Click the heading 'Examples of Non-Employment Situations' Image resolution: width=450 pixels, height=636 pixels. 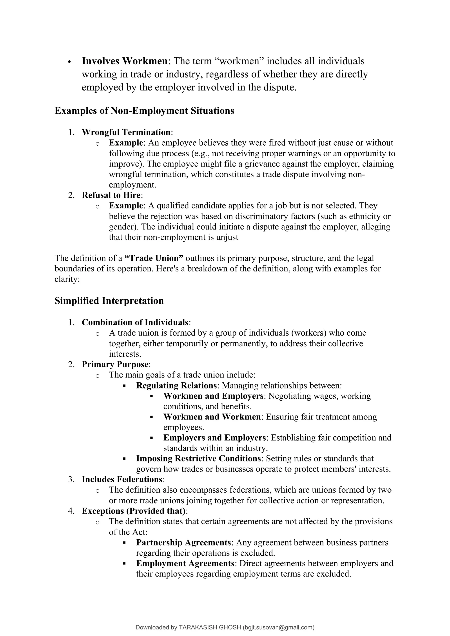pyautogui.click(x=144, y=111)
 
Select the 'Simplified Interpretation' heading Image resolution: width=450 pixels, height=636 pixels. pyautogui.click(x=109, y=301)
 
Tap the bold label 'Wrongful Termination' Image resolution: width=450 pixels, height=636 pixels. pyautogui.click(x=126, y=132)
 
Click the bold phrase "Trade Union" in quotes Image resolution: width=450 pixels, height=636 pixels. pyautogui.click(x=154, y=258)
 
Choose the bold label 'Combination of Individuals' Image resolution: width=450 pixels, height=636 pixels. pyautogui.click(x=135, y=322)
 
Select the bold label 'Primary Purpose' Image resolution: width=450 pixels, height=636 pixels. pyautogui.click(x=115, y=364)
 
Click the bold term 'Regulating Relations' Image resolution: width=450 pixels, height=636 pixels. pyautogui.click(x=176, y=385)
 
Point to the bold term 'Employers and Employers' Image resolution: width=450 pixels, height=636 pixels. pyautogui.click(x=214, y=438)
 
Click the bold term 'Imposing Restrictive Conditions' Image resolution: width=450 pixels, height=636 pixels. pyautogui.click(x=198, y=459)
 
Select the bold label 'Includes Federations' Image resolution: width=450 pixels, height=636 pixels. pyautogui.click(x=122, y=479)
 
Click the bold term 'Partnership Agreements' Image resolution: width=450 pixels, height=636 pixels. pyautogui.click(x=183, y=543)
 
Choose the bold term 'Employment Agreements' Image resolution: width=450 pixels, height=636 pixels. pyautogui.click(x=185, y=564)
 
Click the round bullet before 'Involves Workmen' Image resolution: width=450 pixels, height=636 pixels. pyautogui.click(x=70, y=62)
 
